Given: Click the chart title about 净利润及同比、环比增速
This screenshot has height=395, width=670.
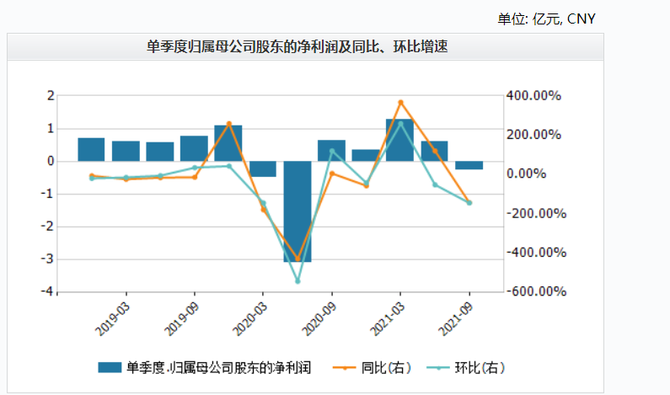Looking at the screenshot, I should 297,47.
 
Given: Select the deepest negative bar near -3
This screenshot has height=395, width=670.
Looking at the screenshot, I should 297,211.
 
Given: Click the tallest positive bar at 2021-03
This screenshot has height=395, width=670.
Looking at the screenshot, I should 399,140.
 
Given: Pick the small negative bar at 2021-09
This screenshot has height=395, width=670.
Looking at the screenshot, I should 469,165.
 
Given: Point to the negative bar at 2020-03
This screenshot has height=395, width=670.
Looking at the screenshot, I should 263,168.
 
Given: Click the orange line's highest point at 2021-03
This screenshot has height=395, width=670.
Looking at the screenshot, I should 400,102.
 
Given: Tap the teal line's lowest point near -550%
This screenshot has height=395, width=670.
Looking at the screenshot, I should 297,281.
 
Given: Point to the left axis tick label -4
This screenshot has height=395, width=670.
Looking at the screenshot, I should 50,291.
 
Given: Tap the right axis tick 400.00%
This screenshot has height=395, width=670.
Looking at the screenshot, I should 533,96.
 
